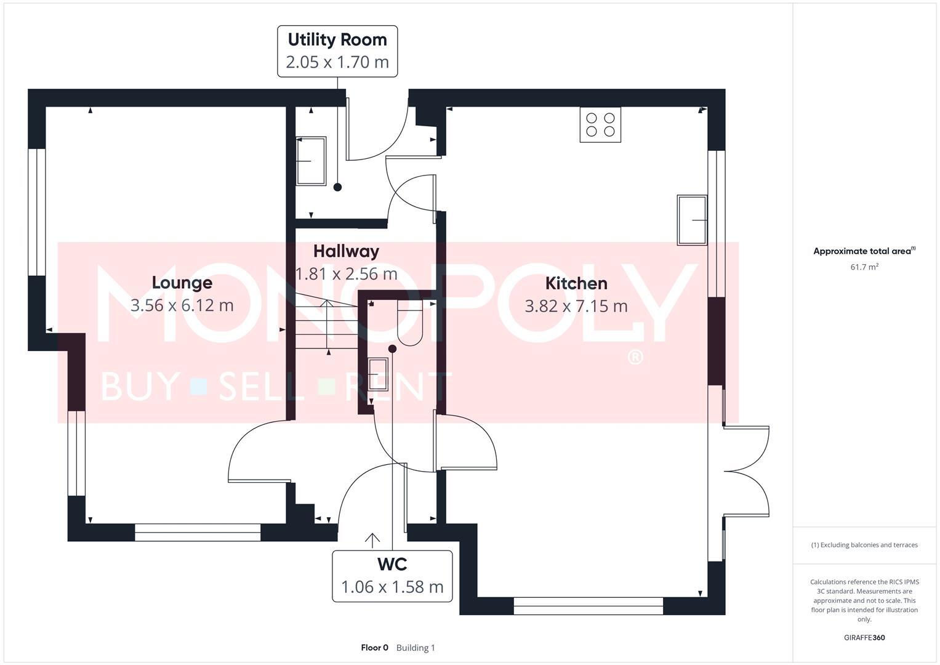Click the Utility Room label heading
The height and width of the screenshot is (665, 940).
point(337,40)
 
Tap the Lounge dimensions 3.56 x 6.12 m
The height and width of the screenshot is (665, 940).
point(182,305)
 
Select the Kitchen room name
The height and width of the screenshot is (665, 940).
point(576,283)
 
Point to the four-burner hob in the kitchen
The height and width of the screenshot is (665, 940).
point(600,125)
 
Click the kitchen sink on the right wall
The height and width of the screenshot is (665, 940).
point(692,220)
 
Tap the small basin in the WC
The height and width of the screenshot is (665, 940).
point(378,374)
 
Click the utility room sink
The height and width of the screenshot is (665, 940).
point(311,161)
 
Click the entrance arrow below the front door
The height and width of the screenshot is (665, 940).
point(372,541)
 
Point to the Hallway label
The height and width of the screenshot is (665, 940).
point(346,251)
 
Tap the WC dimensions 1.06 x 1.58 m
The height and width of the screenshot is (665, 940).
point(392,587)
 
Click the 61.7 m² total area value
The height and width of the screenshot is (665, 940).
point(864,267)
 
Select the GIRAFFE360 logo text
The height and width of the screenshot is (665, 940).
point(864,637)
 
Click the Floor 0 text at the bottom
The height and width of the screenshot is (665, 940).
point(374,648)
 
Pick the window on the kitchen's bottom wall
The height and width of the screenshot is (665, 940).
point(588,606)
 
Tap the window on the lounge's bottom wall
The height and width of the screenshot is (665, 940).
point(198,533)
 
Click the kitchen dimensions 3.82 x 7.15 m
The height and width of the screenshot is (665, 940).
point(576,306)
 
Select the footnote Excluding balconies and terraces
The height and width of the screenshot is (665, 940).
point(864,545)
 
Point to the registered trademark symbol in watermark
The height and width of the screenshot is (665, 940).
point(635,357)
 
